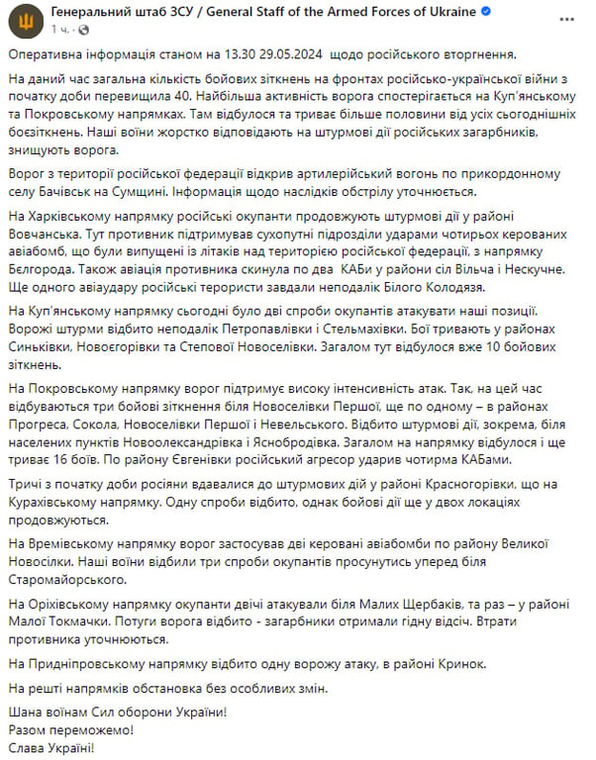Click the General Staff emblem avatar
point(22,22)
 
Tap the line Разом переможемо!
point(68,728)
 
